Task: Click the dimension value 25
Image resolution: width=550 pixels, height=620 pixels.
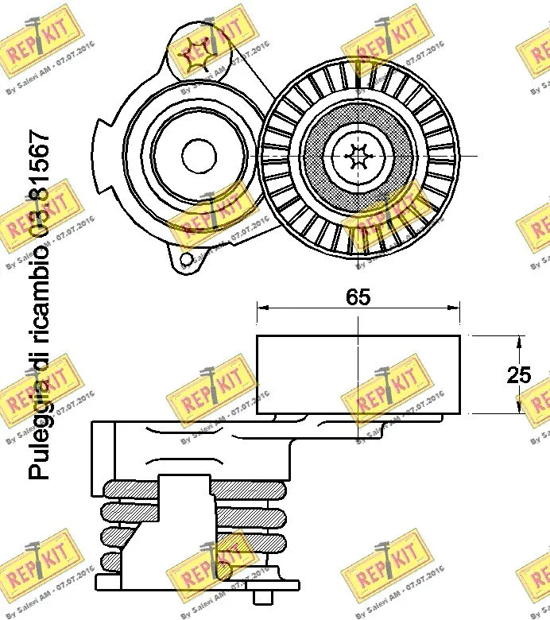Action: click(519, 375)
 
